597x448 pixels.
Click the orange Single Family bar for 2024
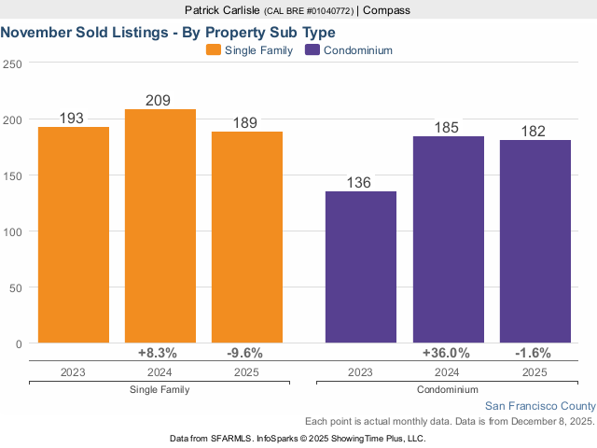(x=160, y=226)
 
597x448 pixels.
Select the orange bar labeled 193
(x=74, y=234)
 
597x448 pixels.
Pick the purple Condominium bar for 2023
(x=361, y=267)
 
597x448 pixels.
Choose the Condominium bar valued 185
(x=449, y=240)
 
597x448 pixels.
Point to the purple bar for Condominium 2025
(x=535, y=242)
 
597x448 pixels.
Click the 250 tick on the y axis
(x=12, y=63)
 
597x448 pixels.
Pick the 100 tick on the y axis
(x=12, y=231)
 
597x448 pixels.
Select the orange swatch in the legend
(x=214, y=50)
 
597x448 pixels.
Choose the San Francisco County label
(x=540, y=406)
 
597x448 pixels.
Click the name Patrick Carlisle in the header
(x=222, y=10)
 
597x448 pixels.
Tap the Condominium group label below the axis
(x=448, y=389)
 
